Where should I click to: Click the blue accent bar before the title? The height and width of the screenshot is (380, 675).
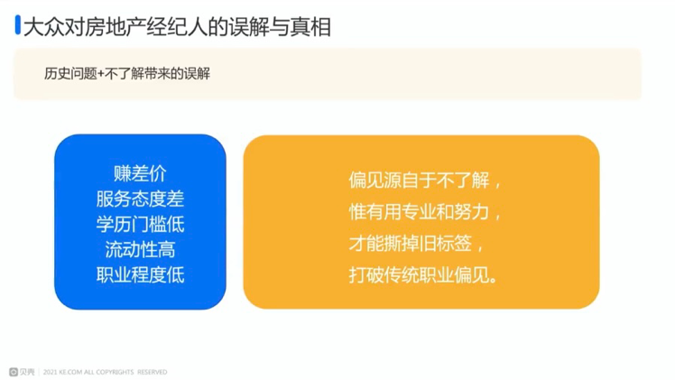point(18,24)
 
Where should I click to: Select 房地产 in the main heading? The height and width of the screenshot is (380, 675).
point(106,28)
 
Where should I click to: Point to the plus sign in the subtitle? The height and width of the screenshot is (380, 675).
point(101,74)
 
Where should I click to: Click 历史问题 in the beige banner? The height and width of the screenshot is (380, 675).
point(70,74)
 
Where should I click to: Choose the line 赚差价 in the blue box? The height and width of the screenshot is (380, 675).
point(140,174)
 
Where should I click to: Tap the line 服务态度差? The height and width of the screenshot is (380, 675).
point(140,199)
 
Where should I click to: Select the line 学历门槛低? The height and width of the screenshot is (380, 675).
point(140,224)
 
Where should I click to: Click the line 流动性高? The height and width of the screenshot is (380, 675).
point(140,250)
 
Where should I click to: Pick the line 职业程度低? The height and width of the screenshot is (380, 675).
point(140,275)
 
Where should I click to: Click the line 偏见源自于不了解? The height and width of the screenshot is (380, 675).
point(419,180)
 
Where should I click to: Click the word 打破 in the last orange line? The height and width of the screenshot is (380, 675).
point(366,275)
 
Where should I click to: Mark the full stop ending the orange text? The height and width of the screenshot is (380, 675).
point(494,280)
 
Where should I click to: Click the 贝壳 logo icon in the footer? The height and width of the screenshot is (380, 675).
point(14,372)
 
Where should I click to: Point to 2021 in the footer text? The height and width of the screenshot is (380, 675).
point(51,372)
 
